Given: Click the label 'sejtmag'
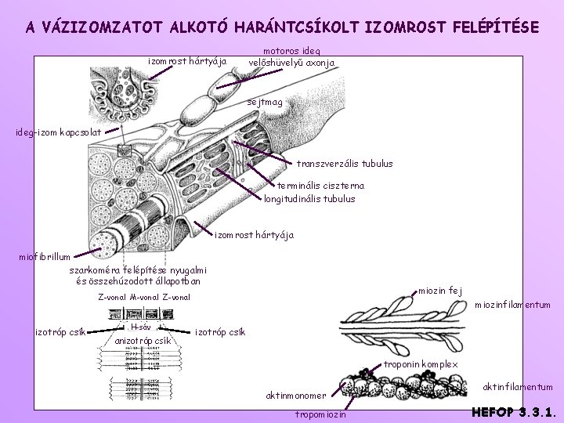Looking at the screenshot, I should [266, 103].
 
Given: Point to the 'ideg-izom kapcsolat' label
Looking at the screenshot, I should [57, 132].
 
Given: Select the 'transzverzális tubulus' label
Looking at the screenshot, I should [345, 164].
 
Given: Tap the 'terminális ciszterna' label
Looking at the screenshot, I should [320, 186].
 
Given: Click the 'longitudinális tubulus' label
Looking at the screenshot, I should [309, 199].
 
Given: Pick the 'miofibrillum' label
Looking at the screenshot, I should [45, 256].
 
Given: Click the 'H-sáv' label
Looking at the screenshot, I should [141, 327].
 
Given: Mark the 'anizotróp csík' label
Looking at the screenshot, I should [143, 341].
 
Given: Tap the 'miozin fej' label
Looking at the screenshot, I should [440, 291].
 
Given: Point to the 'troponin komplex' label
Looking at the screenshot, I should [421, 365].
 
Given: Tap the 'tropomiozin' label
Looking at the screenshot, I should [321, 414].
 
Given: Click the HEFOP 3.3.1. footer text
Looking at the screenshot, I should [513, 410].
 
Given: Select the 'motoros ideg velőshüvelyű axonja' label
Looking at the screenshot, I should [291, 56].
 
